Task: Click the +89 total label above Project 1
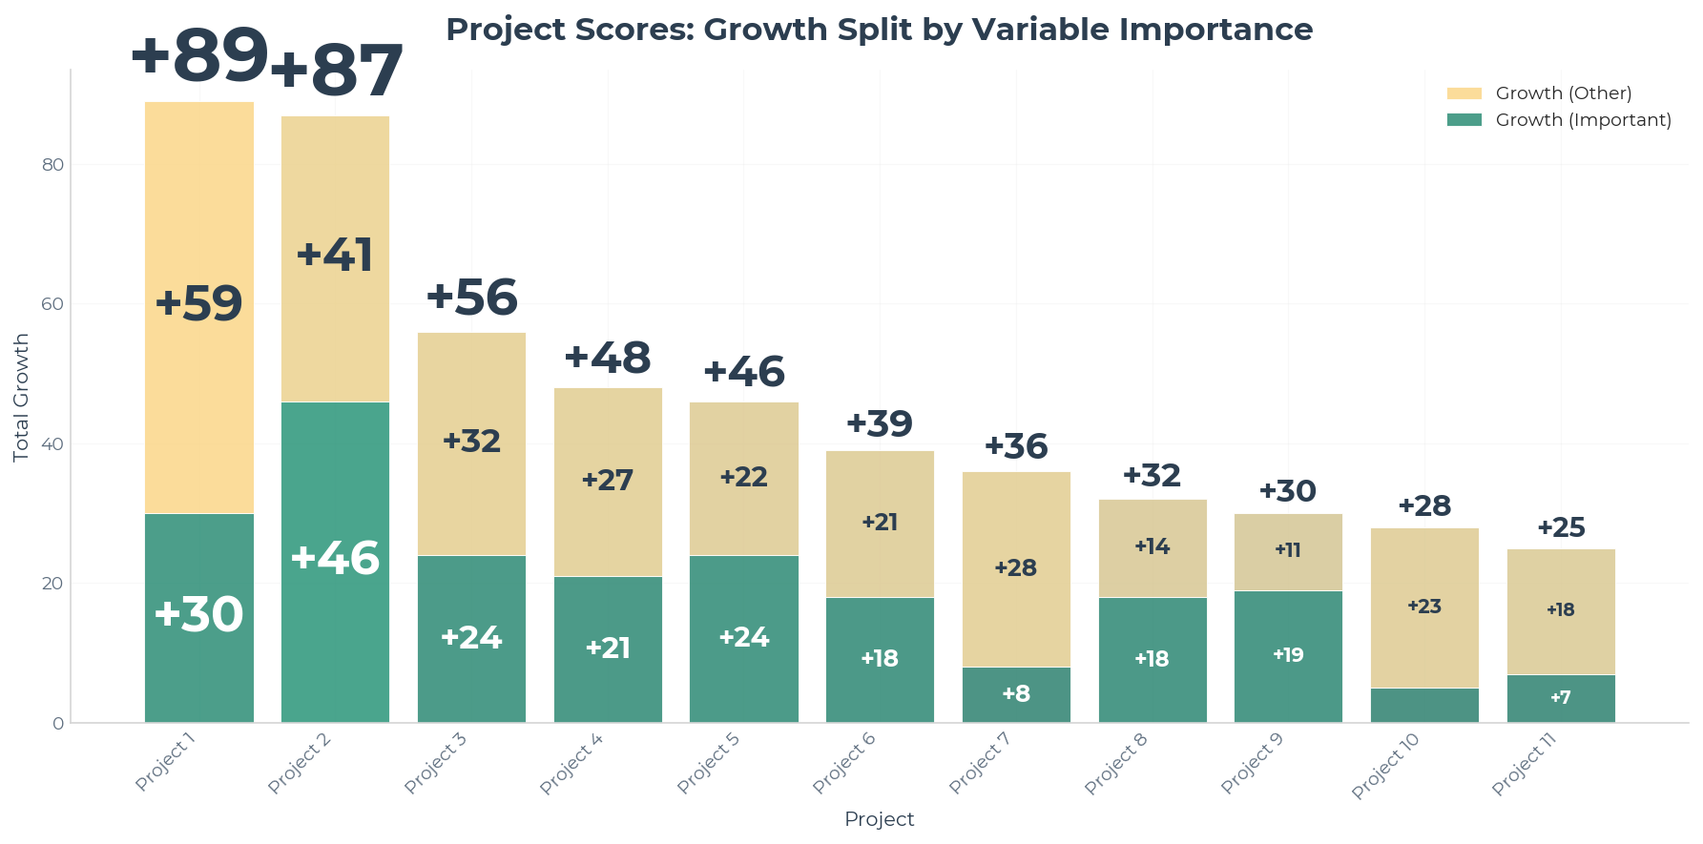(x=198, y=57)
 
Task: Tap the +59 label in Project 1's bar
(x=198, y=304)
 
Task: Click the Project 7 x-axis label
(x=980, y=763)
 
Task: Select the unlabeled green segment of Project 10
(x=1424, y=706)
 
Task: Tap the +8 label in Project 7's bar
(x=1016, y=694)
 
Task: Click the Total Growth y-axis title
(x=21, y=398)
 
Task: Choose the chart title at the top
(x=879, y=30)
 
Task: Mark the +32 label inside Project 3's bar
(x=471, y=442)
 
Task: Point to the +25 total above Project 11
(x=1561, y=528)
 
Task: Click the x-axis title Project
(x=879, y=819)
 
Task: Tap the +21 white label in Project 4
(x=608, y=648)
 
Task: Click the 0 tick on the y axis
(x=58, y=724)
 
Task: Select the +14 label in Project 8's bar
(x=1152, y=547)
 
